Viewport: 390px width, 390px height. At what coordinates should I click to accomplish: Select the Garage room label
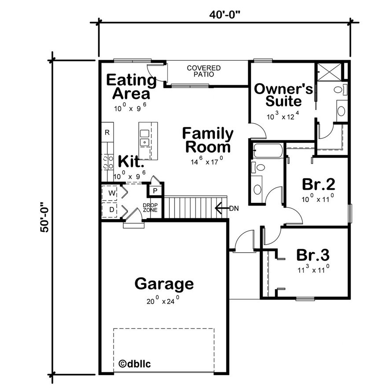[x=164, y=284]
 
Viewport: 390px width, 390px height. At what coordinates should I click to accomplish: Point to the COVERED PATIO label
[x=204, y=71]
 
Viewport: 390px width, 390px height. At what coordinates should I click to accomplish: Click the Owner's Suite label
[x=283, y=95]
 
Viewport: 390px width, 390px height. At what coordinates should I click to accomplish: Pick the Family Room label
[x=208, y=140]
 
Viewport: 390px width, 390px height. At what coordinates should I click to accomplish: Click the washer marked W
[x=111, y=193]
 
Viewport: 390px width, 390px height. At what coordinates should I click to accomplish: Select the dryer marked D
[x=111, y=210]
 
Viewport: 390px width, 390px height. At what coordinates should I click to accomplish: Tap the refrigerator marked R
[x=107, y=132]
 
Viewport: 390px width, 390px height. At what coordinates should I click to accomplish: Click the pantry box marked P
[x=155, y=191]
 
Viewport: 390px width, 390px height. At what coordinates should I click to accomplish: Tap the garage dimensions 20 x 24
[x=163, y=302]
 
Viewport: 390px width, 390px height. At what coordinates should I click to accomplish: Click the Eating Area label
[x=131, y=87]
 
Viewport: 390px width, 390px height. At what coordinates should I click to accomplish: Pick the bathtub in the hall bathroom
[x=267, y=151]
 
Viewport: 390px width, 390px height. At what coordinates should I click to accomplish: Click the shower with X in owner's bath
[x=328, y=71]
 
